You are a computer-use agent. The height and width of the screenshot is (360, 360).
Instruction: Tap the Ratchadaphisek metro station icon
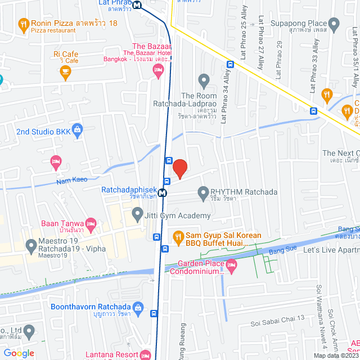(x=163, y=193)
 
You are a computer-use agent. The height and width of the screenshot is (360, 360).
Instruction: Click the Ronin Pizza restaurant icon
(x=23, y=25)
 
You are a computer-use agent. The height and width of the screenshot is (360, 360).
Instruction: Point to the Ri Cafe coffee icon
(x=65, y=71)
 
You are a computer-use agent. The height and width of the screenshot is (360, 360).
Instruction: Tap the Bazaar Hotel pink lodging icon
(x=158, y=70)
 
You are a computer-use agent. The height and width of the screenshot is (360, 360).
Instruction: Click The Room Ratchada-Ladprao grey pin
(x=203, y=79)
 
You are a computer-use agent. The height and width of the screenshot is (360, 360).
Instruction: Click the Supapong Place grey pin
(x=334, y=25)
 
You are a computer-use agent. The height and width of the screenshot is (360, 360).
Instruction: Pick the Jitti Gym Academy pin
(x=137, y=214)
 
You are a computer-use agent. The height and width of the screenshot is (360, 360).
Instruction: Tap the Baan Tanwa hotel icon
(x=91, y=224)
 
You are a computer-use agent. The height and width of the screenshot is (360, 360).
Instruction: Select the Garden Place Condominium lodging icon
(x=231, y=264)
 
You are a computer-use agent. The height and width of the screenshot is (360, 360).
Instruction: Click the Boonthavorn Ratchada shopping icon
(x=138, y=307)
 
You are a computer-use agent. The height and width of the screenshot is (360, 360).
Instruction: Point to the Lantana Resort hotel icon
(x=145, y=355)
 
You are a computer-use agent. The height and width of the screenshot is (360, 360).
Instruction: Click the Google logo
(x=19, y=353)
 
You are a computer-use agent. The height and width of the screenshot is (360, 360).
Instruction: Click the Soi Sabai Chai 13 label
(x=277, y=318)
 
